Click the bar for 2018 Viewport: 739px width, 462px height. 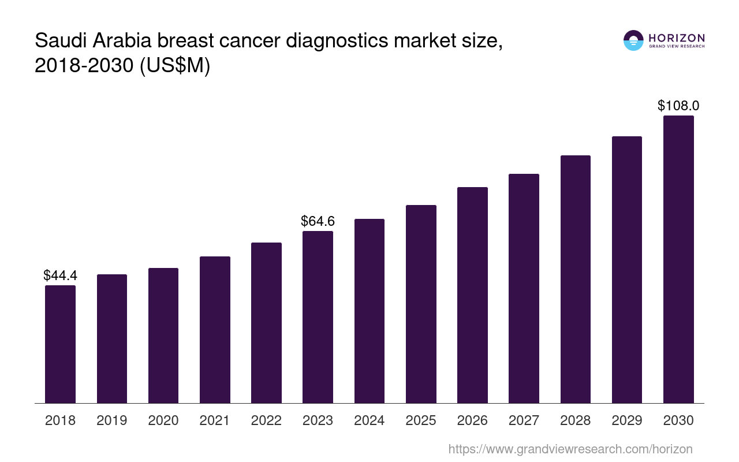60,344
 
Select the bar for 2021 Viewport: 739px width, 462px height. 215,330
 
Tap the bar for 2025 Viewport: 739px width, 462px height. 421,304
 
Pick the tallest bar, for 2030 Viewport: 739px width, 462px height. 678,259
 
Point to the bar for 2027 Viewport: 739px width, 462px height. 524,288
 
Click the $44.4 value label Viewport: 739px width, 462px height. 60,276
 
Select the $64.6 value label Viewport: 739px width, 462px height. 318,221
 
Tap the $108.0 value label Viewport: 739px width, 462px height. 678,106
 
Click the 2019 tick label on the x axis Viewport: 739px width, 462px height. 111,420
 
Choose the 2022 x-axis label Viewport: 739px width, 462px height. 266,420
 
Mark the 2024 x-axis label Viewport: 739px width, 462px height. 369,420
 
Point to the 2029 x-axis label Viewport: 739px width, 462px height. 627,420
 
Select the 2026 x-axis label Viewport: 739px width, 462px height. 472,420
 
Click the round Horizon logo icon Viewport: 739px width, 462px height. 633,40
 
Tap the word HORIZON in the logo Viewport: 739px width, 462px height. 677,38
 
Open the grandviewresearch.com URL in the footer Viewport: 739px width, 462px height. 570,449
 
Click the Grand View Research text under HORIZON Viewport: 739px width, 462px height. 677,47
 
